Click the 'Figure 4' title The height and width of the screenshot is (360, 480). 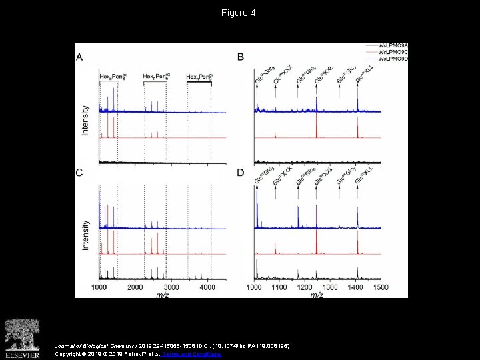point(239,13)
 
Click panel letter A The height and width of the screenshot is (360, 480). point(80,57)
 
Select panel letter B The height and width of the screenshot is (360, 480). point(241,57)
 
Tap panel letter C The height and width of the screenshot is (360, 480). point(80,173)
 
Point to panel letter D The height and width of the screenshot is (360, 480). point(241,173)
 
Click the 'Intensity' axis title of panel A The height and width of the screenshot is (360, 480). point(85,120)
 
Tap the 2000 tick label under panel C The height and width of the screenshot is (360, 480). point(135,287)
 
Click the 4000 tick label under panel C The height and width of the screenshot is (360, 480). point(207,287)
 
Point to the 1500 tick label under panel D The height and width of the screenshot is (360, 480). point(379,287)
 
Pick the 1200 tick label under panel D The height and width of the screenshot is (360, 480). point(305,287)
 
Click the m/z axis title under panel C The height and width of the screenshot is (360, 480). point(161,294)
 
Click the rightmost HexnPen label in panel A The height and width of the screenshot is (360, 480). point(200,77)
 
